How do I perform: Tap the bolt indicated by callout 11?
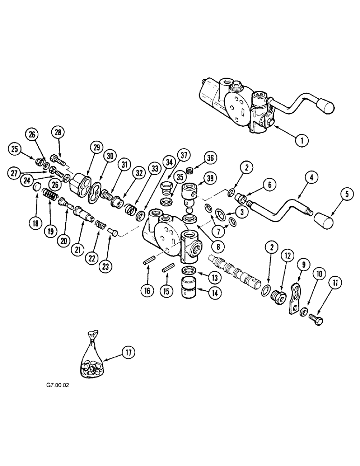point(319,318)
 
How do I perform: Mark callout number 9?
point(304,265)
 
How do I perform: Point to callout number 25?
point(15,149)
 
